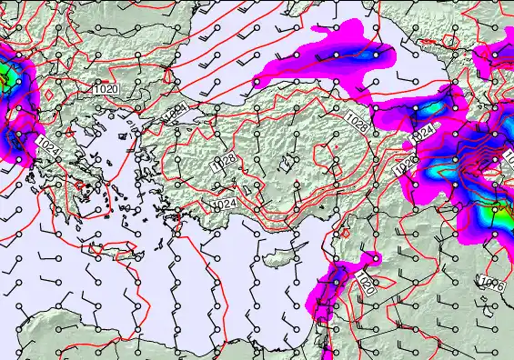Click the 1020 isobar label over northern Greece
pos(106,89)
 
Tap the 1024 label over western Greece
pos(48,145)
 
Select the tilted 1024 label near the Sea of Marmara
pos(176,112)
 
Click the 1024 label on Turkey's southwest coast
pos(225,205)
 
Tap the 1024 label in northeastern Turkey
pos(424,132)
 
